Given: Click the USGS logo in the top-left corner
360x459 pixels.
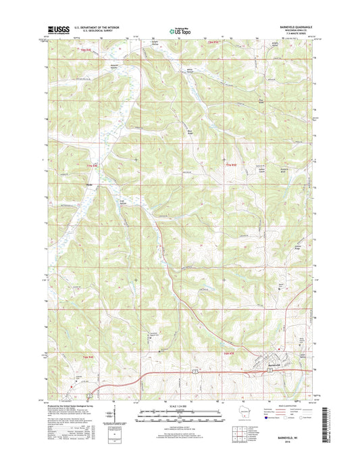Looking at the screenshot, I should tap(58, 29).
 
